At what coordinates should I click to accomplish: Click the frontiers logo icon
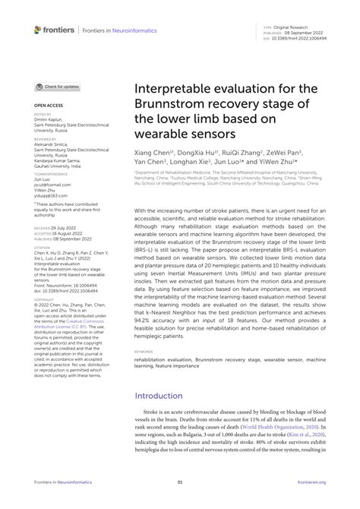tap(39, 30)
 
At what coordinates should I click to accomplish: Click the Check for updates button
tap(57, 87)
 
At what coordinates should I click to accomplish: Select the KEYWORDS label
tap(144, 352)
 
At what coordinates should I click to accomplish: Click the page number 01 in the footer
tap(180, 482)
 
